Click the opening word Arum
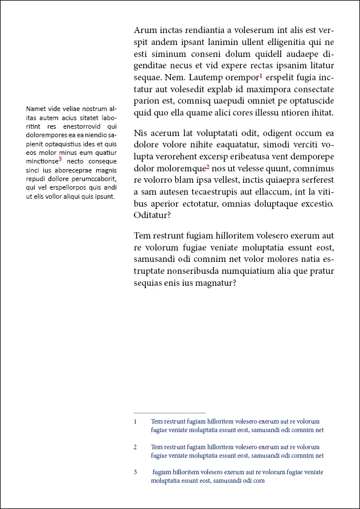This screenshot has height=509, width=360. [145, 30]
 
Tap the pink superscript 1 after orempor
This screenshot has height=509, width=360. [260, 76]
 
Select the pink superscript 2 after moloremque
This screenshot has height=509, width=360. [208, 167]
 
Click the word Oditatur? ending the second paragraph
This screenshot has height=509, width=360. [152, 216]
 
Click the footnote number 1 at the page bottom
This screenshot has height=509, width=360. [136, 422]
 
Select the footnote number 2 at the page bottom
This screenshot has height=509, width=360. [136, 447]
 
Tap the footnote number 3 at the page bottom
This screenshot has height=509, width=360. [136, 472]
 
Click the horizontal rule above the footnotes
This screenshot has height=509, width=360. [169, 413]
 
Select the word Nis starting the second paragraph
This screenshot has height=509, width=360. [141, 133]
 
